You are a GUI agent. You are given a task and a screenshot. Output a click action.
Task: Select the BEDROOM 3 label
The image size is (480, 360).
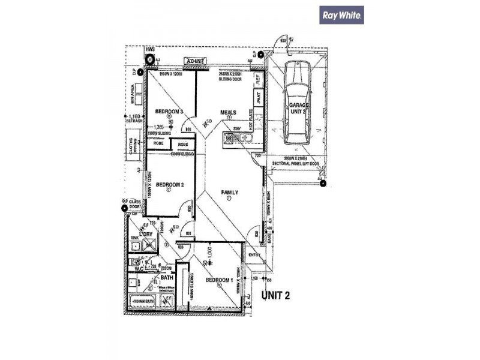(x=169, y=112)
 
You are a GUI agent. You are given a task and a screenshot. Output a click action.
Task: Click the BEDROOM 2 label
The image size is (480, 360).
(x=169, y=185)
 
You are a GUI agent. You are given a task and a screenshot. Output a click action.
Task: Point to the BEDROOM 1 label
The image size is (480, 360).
(x=220, y=280)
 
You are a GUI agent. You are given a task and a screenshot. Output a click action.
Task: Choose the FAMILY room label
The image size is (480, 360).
(x=229, y=193)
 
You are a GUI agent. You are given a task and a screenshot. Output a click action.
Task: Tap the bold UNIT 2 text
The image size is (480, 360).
(x=277, y=295)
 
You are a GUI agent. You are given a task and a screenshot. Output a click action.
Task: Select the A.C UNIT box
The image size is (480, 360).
(x=196, y=61)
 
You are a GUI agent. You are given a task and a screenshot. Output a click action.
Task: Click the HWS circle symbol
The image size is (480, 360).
(x=150, y=59)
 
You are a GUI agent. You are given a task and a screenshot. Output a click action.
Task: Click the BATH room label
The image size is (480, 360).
(x=167, y=278)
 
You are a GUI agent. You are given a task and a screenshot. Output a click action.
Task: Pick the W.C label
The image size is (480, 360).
(x=139, y=269)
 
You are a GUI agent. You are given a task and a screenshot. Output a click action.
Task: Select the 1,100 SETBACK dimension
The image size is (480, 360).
(x=135, y=118)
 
